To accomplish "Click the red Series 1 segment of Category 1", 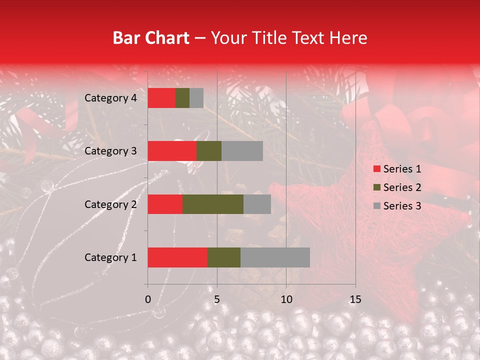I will pos(177,257).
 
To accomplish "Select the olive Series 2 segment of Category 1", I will pos(223,257).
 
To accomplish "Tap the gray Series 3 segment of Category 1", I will pos(275,257).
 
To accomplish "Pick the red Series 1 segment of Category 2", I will pos(165,204).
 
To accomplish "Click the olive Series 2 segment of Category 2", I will pos(213,204).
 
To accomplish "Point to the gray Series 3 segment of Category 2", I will pos(257,204).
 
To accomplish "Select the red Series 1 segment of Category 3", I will pos(172,151).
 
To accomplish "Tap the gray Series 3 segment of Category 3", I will pos(242,151).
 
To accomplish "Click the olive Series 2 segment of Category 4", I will pos(182,98).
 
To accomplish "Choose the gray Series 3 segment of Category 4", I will pos(196,98).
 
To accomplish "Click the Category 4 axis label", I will pos(110,98).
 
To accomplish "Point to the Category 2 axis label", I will pos(110,204).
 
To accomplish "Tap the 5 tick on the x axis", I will pos(217,299).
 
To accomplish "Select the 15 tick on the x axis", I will pos(355,299).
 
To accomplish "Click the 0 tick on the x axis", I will pos(148,299).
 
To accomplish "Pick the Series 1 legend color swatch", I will pos(376,169).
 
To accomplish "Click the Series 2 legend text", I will pos(402,187).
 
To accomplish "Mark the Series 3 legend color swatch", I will pos(376,206).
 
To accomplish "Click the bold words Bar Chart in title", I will pos(150,38).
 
